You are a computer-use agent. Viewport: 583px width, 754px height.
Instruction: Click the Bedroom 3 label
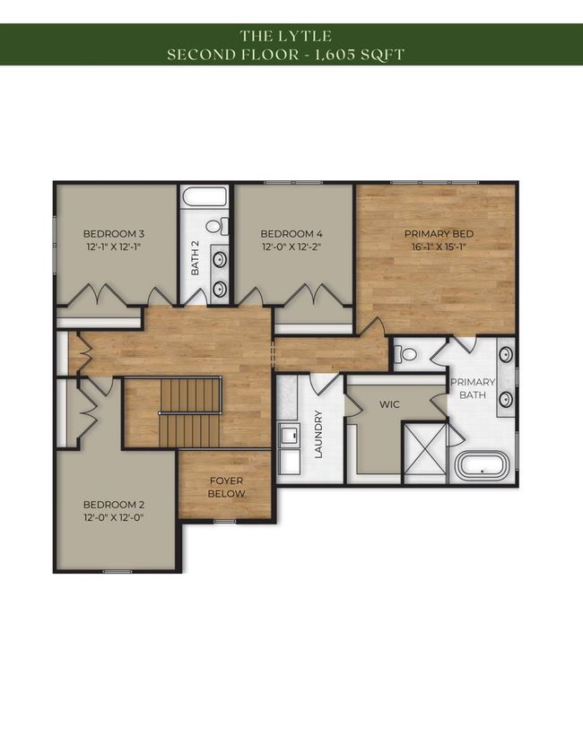click(114, 234)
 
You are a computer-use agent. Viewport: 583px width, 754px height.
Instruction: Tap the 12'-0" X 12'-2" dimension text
click(291, 247)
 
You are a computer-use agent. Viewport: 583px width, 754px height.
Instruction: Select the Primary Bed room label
click(439, 234)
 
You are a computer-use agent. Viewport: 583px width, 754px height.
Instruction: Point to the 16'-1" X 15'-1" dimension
click(439, 247)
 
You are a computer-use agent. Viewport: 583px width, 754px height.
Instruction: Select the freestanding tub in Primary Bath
click(482, 465)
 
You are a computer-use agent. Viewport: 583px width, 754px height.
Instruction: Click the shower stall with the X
click(425, 453)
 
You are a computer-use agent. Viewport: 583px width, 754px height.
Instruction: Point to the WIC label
click(389, 404)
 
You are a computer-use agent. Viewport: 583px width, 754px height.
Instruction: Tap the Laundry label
click(318, 434)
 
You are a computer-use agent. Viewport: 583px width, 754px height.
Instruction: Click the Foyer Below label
click(226, 487)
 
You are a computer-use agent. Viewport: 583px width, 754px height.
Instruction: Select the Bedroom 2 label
click(114, 505)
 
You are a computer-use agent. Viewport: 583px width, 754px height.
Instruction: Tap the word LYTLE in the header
click(306, 36)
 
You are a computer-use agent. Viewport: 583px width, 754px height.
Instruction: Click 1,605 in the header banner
click(336, 55)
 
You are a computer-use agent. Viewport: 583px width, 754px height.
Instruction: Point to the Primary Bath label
click(473, 388)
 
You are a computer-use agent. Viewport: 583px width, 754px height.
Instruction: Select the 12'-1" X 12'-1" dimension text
click(114, 247)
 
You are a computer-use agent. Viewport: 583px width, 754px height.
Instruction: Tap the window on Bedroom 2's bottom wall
click(117, 571)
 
